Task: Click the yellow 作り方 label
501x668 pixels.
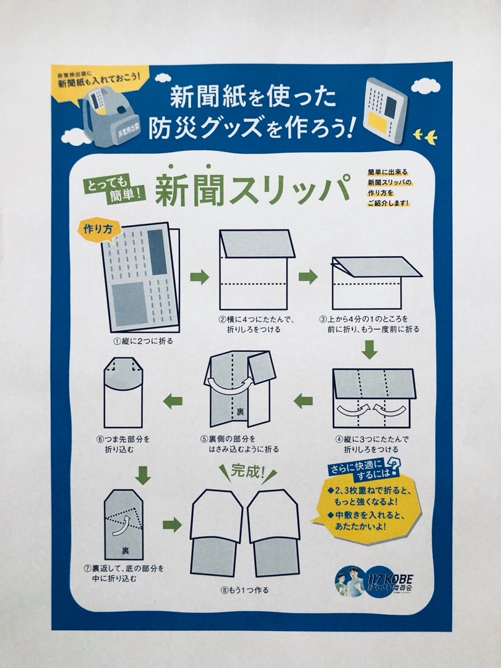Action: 95,228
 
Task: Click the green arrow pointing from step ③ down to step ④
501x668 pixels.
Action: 369,351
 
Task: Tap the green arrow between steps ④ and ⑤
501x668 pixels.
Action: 303,401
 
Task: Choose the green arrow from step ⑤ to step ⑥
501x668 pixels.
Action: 173,401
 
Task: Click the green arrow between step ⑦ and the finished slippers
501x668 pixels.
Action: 172,525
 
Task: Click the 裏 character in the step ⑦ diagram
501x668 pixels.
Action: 125,550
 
